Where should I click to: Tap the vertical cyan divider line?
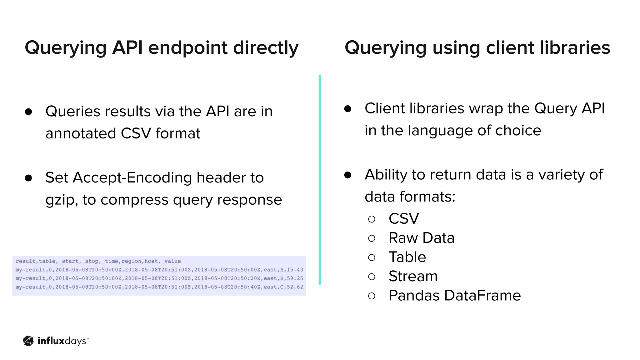pos(319,180)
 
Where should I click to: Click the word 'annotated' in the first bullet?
pos(81,133)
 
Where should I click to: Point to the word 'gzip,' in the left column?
pos(62,200)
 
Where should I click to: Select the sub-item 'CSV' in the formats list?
pos(403,218)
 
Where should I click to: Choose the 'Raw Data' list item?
pos(421,238)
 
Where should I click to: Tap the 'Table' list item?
pos(407,257)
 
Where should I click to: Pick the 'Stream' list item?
pos(413,276)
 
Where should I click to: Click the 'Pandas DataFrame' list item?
pos(454,296)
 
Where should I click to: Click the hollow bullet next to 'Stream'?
pos(372,277)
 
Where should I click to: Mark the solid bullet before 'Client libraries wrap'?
pos(347,109)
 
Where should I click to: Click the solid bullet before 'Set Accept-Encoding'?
pos(28,178)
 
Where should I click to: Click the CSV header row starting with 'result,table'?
pos(98,261)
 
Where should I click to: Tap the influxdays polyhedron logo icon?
pos(28,341)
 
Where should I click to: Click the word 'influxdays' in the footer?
pos(62,341)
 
